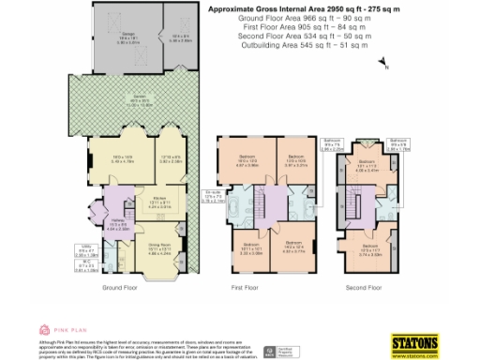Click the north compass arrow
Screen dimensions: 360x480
(384, 64)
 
